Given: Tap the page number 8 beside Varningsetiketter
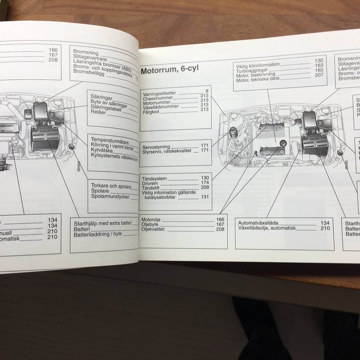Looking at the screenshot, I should coord(206,92).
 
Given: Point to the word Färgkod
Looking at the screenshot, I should coord(151,112).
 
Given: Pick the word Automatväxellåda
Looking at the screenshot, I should coord(258,223).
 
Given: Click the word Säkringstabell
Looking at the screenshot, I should coord(106,108).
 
